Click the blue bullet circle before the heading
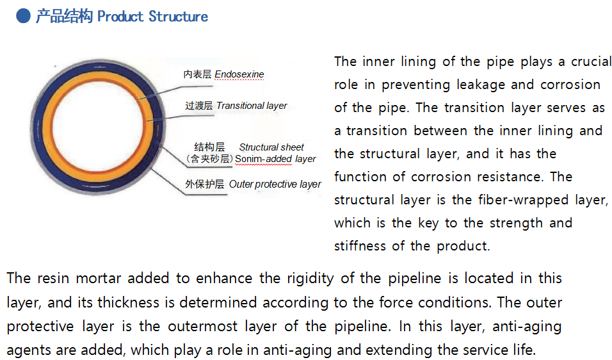click(x=24, y=16)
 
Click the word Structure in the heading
click(x=179, y=17)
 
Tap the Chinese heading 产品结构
click(x=65, y=17)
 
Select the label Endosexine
click(x=239, y=74)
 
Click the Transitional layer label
click(x=252, y=106)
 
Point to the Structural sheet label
click(x=271, y=147)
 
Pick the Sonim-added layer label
click(x=275, y=159)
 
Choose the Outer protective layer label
click(x=275, y=184)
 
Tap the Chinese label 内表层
click(x=198, y=74)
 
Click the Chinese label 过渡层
click(x=199, y=106)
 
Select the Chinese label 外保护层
click(x=205, y=184)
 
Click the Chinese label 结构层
click(x=209, y=147)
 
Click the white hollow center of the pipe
click(x=97, y=126)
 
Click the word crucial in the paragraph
click(x=591, y=61)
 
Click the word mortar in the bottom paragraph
click(x=99, y=279)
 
